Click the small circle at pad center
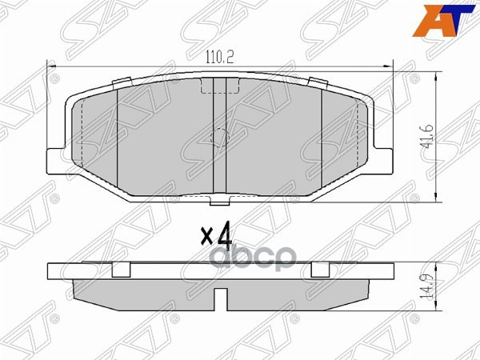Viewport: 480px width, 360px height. click(217, 138)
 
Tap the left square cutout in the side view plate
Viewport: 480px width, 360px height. click(121, 269)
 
